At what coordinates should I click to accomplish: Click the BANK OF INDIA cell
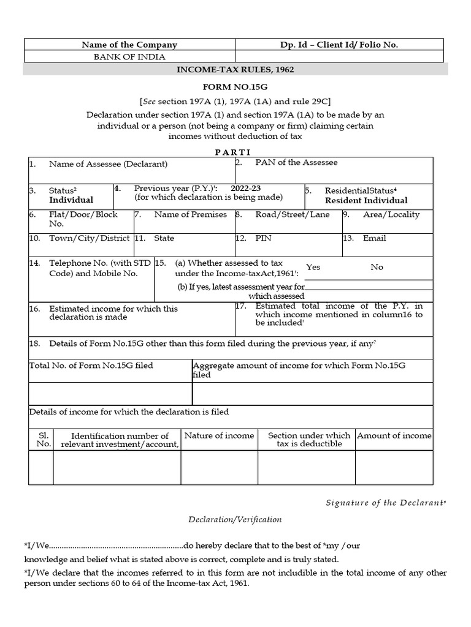tap(129, 56)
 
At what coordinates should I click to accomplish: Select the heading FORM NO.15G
tap(235, 88)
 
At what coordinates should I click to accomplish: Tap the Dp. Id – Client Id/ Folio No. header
tap(339, 45)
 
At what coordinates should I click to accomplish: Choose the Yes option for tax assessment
tap(313, 268)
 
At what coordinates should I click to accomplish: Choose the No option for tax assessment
tap(377, 268)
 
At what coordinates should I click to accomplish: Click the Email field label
tap(374, 238)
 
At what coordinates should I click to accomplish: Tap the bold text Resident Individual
tap(366, 200)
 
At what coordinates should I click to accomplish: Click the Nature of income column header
tap(219, 435)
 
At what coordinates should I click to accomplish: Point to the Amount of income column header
tap(394, 435)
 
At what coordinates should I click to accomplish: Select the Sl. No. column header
tap(43, 439)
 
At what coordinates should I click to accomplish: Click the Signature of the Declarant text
tap(385, 503)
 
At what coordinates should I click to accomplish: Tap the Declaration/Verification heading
tap(235, 519)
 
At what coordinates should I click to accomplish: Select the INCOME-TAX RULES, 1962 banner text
tap(235, 69)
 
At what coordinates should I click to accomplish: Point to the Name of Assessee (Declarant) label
tap(108, 164)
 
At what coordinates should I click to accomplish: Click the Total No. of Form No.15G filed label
tap(91, 366)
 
